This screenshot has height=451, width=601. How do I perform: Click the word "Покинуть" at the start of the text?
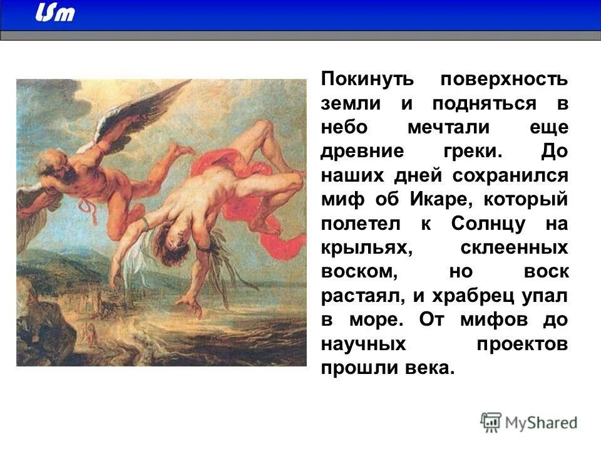click(359, 80)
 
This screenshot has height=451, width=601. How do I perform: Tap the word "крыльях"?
click(366, 247)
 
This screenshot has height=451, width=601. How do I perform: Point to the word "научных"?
click(363, 344)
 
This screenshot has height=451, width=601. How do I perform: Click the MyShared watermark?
click(529, 423)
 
